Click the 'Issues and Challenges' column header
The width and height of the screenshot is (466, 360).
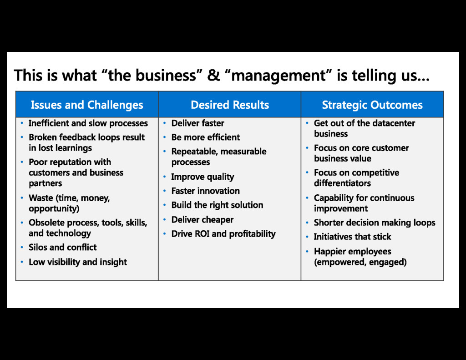coord(87,105)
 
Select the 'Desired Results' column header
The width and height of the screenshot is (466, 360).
coord(230,105)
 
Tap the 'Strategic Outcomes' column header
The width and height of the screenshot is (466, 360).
coord(372,105)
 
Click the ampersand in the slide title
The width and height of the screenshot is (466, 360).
coord(213,75)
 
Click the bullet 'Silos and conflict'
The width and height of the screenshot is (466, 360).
coord(62,248)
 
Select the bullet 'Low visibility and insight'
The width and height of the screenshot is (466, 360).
coord(78,262)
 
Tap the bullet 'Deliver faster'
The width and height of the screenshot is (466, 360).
coord(198,123)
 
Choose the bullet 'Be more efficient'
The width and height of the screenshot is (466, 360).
coord(205,137)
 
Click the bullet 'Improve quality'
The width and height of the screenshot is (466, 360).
coord(203,177)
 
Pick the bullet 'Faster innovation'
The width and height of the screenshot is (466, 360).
coord(205,191)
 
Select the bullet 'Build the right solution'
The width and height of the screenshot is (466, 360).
coord(217,205)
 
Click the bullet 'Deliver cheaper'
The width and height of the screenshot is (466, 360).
coord(202,220)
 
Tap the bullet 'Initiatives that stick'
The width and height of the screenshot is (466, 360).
coord(352,237)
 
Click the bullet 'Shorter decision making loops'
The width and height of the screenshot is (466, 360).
coord(375,223)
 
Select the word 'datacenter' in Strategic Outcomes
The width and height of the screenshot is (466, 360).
coord(394,123)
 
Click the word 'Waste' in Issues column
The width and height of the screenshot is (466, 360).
coord(41,198)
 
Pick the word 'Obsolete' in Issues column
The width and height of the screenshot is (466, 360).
coord(47,223)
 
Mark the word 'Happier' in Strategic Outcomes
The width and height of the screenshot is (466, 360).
coord(329,252)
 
